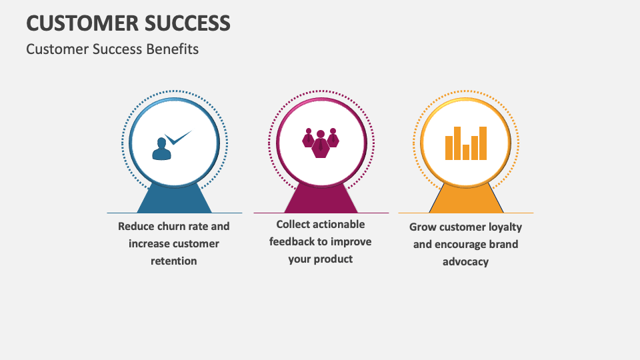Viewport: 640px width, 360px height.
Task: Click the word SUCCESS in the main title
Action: pyautogui.click(x=191, y=23)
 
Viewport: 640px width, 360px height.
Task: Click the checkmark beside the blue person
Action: pyautogui.click(x=178, y=138)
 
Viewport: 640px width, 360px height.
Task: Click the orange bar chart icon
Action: pyautogui.click(x=466, y=143)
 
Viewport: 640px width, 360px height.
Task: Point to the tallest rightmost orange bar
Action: pyautogui.click(x=483, y=143)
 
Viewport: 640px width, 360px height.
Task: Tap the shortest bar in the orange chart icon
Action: pyautogui.click(x=466, y=152)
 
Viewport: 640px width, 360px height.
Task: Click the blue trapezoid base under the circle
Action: pyautogui.click(x=174, y=201)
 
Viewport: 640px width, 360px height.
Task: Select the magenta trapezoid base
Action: pyautogui.click(x=321, y=200)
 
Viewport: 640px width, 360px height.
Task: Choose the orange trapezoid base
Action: pyautogui.click(x=466, y=201)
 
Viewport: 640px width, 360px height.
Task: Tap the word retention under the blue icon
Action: pyautogui.click(x=174, y=261)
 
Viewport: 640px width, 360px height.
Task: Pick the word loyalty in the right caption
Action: pyautogui.click(x=504, y=227)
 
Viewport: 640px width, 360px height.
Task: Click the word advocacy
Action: pyautogui.click(x=466, y=261)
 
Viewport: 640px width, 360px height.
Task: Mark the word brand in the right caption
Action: pyautogui.click(x=504, y=244)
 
